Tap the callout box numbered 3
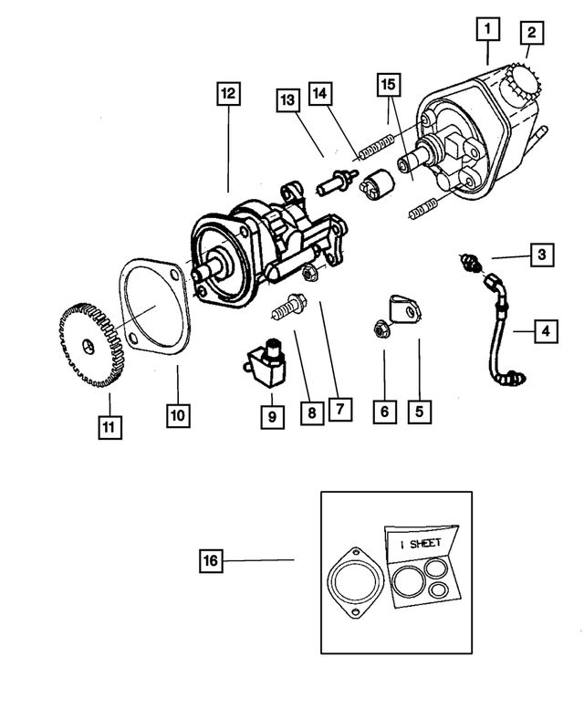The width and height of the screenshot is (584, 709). (541, 255)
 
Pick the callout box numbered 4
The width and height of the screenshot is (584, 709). (545, 330)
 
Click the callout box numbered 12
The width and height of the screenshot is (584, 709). (226, 93)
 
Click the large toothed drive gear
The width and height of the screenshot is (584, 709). (89, 345)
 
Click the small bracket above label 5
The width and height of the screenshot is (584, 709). (401, 308)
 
